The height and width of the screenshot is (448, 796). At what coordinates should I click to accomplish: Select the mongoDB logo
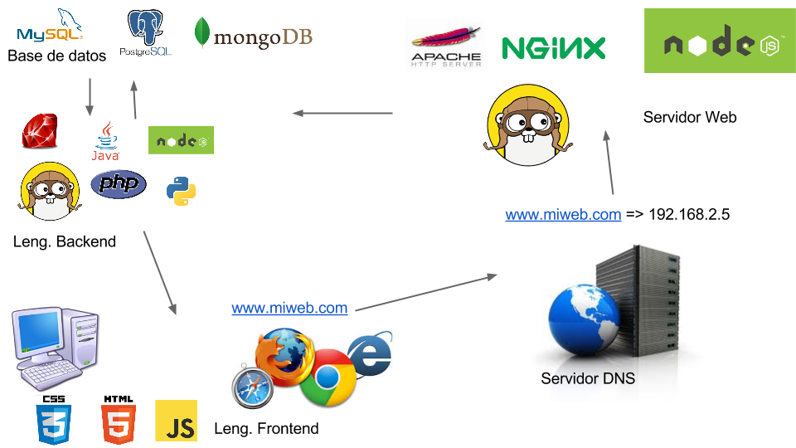pyautogui.click(x=253, y=35)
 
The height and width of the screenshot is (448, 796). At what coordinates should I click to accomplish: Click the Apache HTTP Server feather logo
pyautogui.click(x=445, y=45)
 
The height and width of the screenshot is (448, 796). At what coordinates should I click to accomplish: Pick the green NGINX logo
pyautogui.click(x=554, y=48)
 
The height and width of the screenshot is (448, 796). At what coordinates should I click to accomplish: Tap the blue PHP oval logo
pyautogui.click(x=119, y=184)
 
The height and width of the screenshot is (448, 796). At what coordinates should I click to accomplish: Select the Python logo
pyautogui.click(x=181, y=190)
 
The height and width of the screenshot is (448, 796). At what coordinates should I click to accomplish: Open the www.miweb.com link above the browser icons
pyautogui.click(x=289, y=308)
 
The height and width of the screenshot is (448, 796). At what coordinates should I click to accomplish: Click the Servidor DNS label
pyautogui.click(x=587, y=379)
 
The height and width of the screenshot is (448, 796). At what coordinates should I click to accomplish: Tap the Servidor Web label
pyautogui.click(x=690, y=117)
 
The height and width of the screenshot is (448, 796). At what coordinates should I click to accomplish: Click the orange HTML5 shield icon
pyautogui.click(x=118, y=419)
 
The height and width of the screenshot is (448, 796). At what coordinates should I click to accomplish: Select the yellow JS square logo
pyautogui.click(x=176, y=421)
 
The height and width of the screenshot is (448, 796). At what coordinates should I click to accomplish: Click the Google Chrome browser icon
pyautogui.click(x=328, y=377)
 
